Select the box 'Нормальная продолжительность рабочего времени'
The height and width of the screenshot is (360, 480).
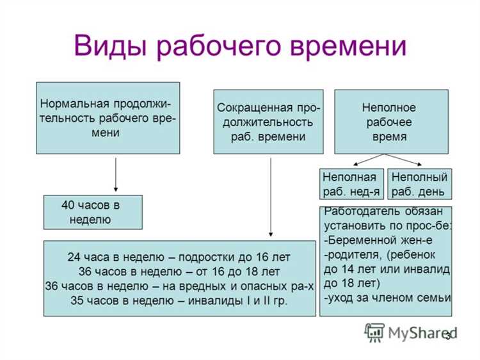click(108, 118)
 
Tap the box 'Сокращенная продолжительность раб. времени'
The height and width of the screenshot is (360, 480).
click(268, 122)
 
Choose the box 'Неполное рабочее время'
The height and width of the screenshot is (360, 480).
click(391, 122)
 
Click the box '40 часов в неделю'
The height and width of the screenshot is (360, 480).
click(92, 212)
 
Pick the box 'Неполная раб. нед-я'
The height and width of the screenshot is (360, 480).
click(351, 184)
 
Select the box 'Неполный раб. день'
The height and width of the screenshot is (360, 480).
click(419, 184)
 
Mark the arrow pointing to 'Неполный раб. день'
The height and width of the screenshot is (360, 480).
click(406, 160)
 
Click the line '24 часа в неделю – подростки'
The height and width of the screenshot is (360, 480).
click(179, 258)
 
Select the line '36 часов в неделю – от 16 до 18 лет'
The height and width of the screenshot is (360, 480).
click(179, 272)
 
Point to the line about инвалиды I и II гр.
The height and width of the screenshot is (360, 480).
click(179, 300)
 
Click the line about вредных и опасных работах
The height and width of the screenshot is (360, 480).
click(179, 286)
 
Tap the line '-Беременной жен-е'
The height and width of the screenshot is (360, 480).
click(369, 240)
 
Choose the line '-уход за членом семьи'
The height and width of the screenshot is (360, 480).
click(387, 297)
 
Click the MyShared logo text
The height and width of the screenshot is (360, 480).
click(416, 332)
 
